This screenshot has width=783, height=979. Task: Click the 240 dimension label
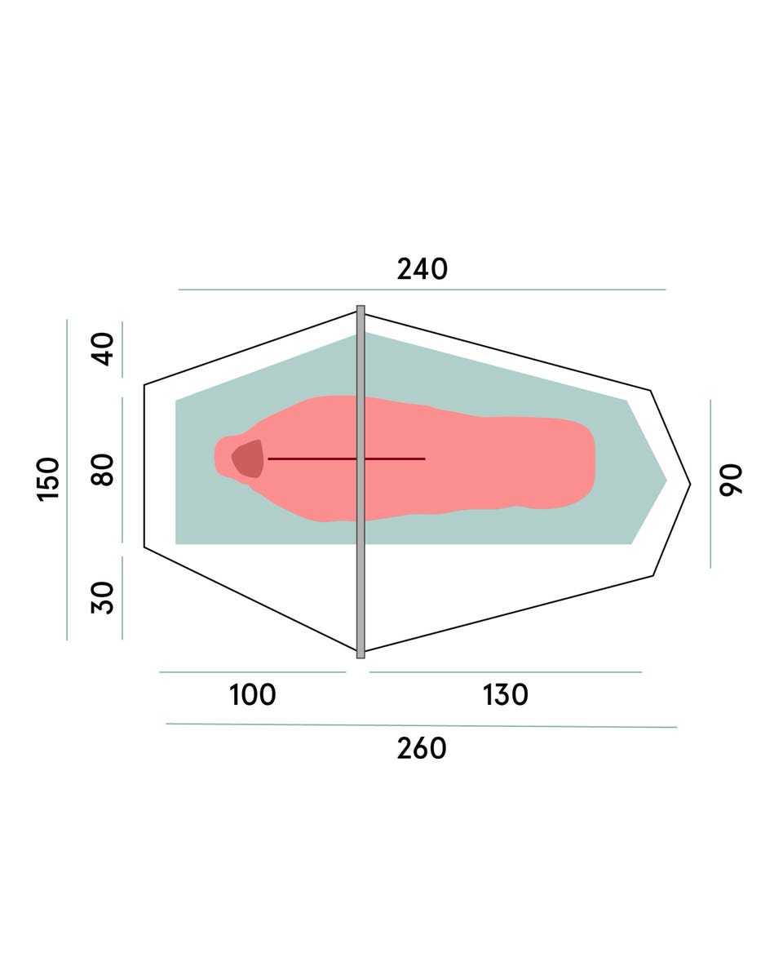pyautogui.click(x=422, y=269)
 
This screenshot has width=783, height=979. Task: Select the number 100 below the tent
pyautogui.click(x=253, y=694)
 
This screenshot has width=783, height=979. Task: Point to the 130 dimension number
pyautogui.click(x=505, y=694)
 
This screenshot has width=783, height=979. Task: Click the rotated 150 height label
pyautogui.click(x=48, y=480)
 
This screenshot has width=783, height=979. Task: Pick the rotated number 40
pyautogui.click(x=102, y=349)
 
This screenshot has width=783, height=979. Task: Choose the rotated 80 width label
pyautogui.click(x=102, y=470)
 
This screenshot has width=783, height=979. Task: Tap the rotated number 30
pyautogui.click(x=102, y=598)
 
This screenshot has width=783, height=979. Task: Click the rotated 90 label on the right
pyautogui.click(x=731, y=479)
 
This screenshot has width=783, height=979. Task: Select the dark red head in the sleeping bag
pyautogui.click(x=249, y=458)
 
